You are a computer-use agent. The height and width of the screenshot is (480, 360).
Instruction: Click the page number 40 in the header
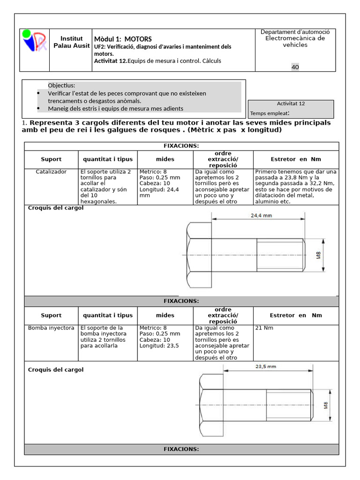(295, 67)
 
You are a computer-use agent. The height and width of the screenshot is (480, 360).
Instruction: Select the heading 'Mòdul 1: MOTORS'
(123, 39)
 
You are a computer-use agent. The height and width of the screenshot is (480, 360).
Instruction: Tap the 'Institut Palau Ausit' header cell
(72, 42)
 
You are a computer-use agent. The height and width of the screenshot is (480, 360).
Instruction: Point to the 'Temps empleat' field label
(269, 113)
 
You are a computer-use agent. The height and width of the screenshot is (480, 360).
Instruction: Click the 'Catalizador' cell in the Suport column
(51, 172)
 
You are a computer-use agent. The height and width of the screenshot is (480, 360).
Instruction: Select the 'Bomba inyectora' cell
(51, 328)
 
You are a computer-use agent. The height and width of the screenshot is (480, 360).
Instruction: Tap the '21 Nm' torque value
(264, 328)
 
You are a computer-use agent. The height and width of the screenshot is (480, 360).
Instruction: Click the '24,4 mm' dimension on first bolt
(262, 216)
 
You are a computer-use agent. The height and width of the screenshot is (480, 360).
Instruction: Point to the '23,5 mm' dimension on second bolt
(265, 367)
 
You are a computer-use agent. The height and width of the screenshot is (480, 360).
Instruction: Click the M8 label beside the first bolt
(318, 255)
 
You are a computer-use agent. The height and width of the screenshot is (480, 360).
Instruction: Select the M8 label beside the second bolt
(326, 405)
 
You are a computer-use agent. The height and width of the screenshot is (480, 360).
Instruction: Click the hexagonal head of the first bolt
(199, 255)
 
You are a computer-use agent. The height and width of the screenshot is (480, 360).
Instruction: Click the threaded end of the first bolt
(281, 255)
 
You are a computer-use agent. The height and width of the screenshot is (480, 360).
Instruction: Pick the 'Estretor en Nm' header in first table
(296, 159)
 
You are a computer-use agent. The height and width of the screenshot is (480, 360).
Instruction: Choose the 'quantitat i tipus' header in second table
(108, 315)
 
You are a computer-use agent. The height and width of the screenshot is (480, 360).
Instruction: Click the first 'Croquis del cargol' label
(56, 208)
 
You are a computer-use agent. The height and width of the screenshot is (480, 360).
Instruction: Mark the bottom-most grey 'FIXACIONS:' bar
(181, 449)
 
